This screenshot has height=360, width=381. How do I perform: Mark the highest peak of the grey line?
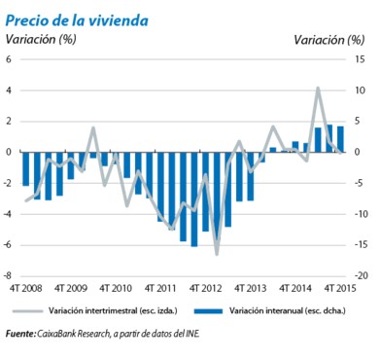(x=317, y=89)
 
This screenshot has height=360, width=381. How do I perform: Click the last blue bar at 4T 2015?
(x=340, y=139)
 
